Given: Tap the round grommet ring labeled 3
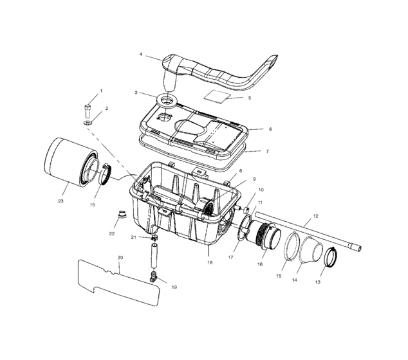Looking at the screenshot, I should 168,100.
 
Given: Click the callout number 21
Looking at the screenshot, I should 133,237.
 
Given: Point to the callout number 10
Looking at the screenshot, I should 261,190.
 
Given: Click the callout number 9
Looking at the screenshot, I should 254,179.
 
